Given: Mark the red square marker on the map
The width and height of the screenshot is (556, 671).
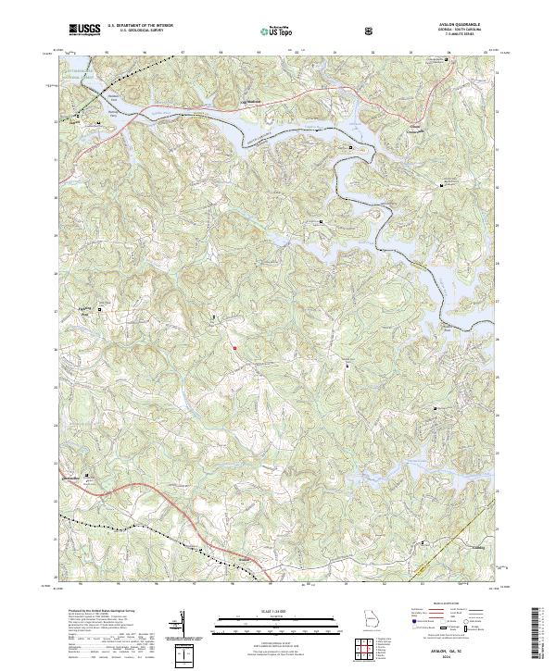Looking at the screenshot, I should (235, 348).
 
